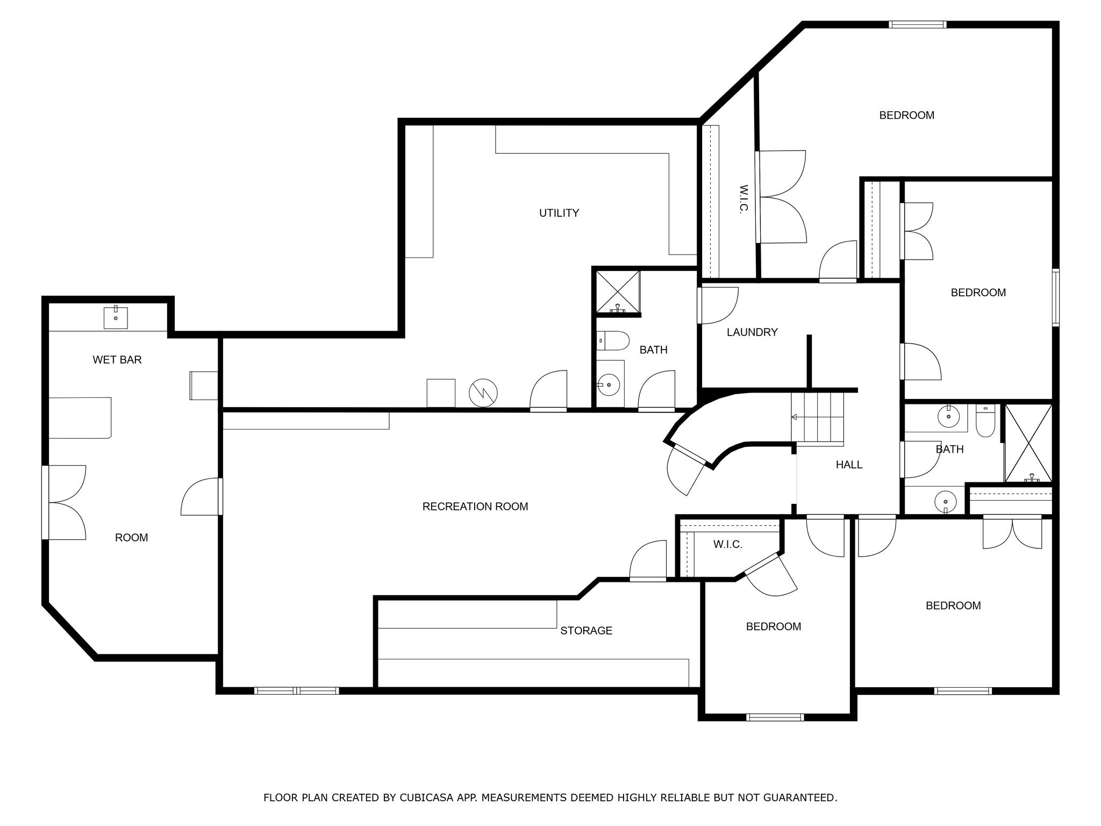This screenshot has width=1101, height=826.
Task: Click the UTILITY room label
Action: (x=559, y=213)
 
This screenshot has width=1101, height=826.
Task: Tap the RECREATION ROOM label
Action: (x=475, y=507)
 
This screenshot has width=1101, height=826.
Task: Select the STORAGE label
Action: (x=586, y=631)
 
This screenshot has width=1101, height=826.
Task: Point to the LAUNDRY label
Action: (x=752, y=332)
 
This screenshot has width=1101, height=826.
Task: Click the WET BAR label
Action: (x=117, y=360)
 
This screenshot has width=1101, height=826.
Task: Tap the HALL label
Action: (x=849, y=465)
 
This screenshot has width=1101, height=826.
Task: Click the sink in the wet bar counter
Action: (x=116, y=317)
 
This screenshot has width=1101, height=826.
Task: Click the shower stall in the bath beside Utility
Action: (x=618, y=292)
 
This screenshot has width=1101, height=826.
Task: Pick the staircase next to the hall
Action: (x=817, y=418)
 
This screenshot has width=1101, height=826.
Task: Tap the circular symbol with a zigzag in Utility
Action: (x=483, y=393)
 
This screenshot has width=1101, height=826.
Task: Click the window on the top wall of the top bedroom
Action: (x=918, y=25)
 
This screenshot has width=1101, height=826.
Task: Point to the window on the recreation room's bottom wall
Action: (x=297, y=690)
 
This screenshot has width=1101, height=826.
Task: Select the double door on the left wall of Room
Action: (x=65, y=502)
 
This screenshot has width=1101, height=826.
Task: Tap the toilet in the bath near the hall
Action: (x=985, y=421)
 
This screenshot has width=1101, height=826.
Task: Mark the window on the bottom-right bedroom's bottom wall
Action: (x=963, y=690)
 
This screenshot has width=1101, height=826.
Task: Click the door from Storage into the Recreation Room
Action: (x=648, y=561)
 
